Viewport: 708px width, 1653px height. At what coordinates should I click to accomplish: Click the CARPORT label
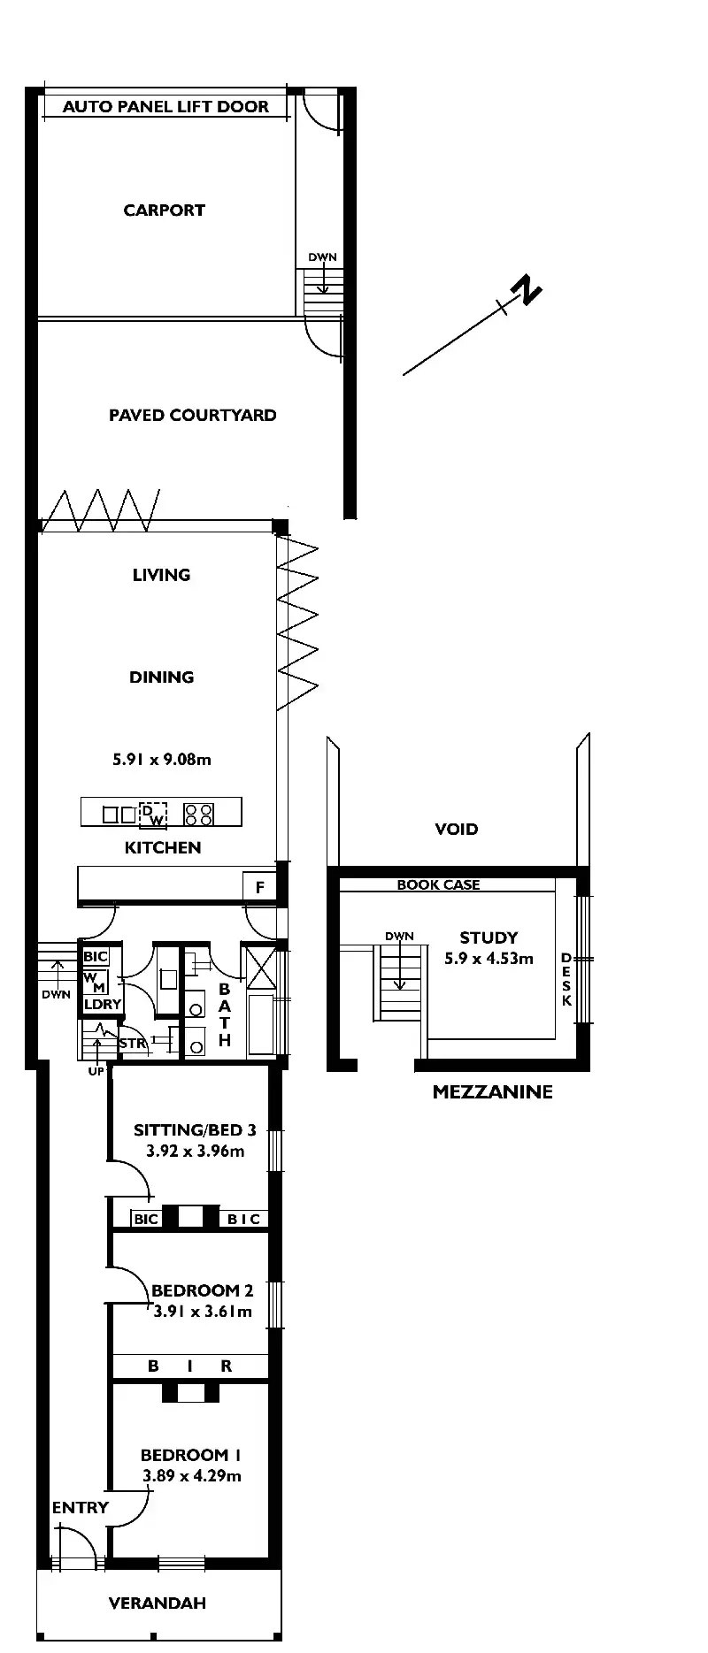coord(164,210)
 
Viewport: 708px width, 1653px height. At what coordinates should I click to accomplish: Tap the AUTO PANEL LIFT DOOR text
coord(165,107)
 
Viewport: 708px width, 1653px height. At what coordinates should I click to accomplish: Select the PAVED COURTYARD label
coord(192,415)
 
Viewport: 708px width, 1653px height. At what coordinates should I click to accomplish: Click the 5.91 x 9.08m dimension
coord(162,759)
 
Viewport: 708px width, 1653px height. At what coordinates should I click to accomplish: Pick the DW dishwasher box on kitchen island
coord(153,814)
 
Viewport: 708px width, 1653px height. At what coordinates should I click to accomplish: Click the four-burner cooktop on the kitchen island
coord(198,814)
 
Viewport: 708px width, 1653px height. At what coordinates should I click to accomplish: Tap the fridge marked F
coord(259,886)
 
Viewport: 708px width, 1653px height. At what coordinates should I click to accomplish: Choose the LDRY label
coord(102,1004)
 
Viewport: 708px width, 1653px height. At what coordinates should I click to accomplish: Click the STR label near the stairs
coord(132,1044)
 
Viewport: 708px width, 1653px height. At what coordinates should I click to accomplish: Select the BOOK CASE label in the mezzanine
coord(438,884)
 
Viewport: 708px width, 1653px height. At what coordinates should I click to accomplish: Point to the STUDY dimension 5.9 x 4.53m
coord(489,958)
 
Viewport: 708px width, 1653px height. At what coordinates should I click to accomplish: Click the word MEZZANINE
coord(492,1091)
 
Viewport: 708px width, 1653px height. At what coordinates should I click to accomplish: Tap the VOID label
coord(456,829)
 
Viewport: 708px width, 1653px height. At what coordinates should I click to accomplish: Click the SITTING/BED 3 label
coord(195,1129)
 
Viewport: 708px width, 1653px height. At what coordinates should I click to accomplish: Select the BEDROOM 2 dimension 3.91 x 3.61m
coord(203,1312)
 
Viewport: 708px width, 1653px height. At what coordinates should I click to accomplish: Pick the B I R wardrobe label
coord(189,1366)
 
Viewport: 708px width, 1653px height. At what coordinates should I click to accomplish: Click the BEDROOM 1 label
coord(191,1455)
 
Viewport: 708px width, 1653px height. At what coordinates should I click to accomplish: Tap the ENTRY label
coord(80,1507)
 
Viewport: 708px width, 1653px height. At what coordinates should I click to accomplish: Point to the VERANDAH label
coord(157,1603)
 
